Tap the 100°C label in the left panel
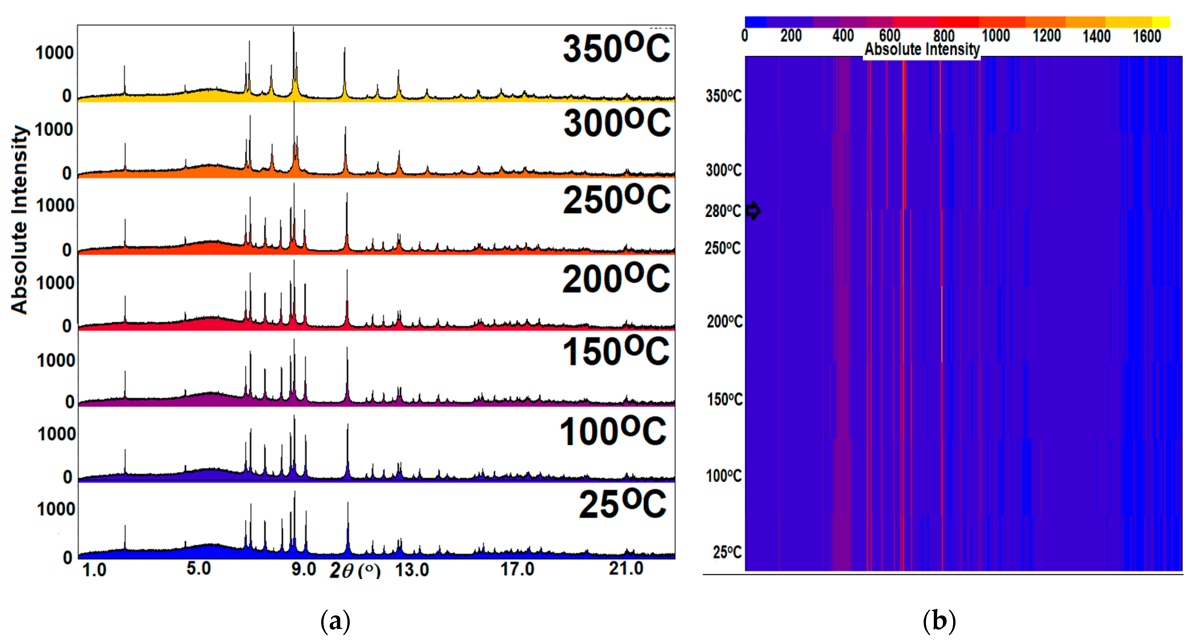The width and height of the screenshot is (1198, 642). [x=613, y=431]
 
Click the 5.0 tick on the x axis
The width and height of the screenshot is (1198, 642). [x=199, y=569]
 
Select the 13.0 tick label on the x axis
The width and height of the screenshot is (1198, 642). [x=412, y=570]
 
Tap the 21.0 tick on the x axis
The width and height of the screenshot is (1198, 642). [x=626, y=569]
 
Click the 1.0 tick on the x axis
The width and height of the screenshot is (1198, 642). [x=94, y=570]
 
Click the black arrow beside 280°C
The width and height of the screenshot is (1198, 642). [x=754, y=211]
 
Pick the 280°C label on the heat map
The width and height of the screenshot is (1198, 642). [x=723, y=211]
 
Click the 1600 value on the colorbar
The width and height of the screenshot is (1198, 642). [x=1147, y=36]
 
